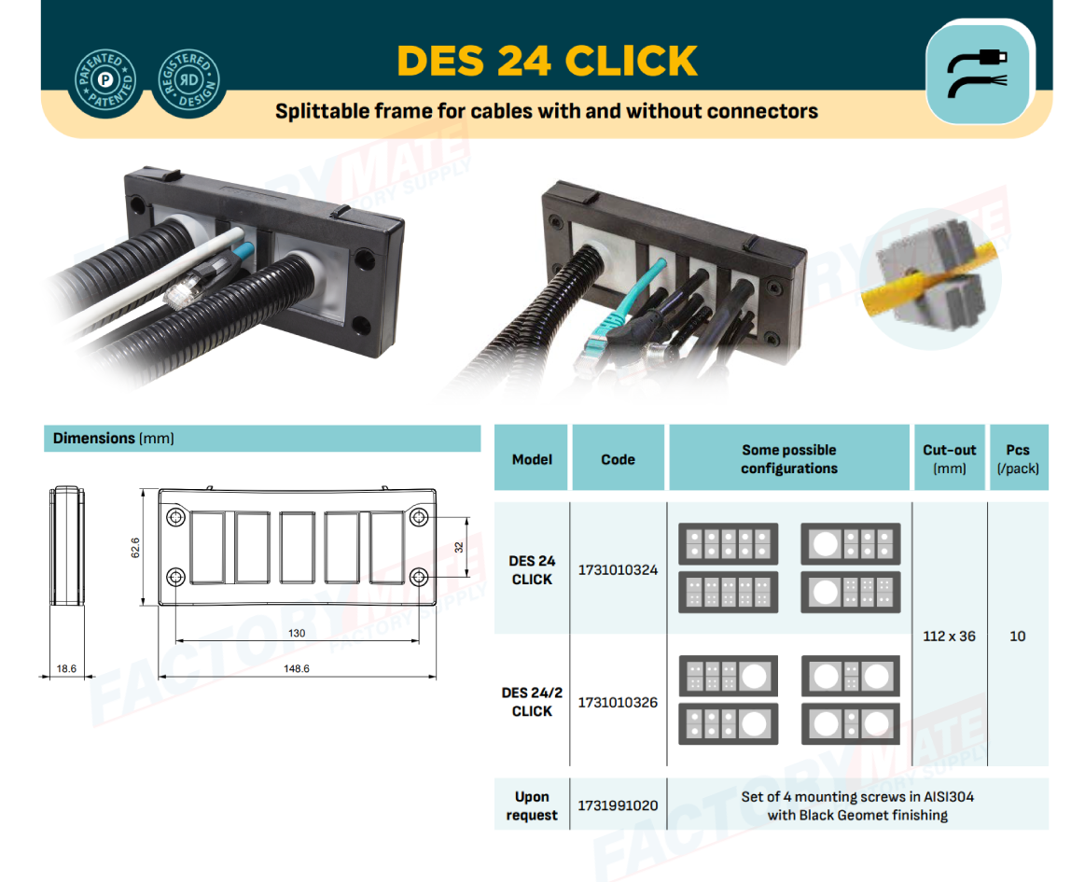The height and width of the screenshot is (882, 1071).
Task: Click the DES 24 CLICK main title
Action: coord(547,61)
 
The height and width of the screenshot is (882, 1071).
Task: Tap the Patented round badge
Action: coord(105,80)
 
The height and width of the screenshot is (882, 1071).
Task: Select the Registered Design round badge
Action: coord(189,80)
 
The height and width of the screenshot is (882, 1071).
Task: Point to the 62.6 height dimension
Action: coord(135,547)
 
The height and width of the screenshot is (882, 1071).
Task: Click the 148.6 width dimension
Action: coord(297,668)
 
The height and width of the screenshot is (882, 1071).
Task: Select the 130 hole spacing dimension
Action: coord(297,634)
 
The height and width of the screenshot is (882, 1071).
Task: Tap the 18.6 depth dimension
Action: coord(66,668)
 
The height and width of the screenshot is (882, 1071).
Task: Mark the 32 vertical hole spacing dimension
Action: coord(459,547)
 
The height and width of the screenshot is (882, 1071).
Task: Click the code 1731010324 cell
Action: coord(619,569)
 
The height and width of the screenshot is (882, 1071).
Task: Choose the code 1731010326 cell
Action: coord(619,702)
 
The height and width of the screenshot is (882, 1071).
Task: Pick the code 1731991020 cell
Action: coord(619,805)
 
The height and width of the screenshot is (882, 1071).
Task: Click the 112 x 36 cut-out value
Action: coord(950,636)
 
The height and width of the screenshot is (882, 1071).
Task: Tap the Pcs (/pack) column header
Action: coord(1018,459)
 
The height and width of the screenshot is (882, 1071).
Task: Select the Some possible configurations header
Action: coord(789,459)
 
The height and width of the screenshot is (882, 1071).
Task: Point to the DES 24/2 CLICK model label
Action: coord(532,702)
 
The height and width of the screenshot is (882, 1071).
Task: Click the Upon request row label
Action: coord(532,805)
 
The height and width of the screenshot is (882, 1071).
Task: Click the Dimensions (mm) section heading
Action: coord(114,438)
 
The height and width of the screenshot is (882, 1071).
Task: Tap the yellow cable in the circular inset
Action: coord(925,282)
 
